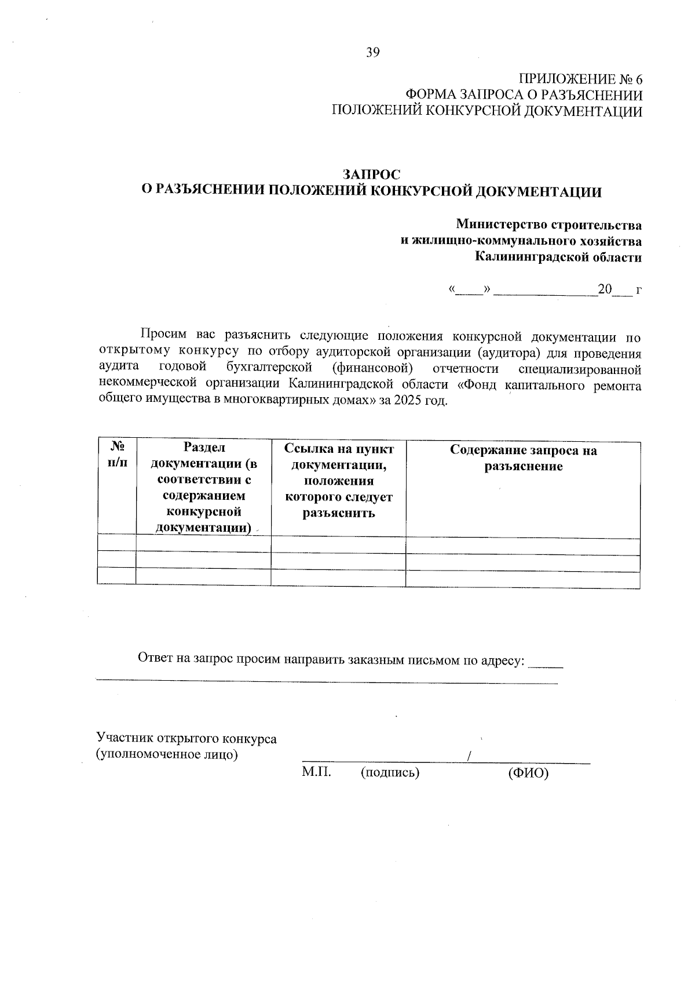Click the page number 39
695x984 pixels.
pos(372,53)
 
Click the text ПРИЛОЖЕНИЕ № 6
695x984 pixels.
pos(580,79)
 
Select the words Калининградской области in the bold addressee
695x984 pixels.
pos(558,257)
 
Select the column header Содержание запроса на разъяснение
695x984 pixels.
pos(523,458)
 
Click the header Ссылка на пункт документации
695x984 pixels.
pos(339,457)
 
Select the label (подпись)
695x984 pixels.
pos(389,772)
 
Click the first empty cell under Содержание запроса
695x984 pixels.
pos(522,547)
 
